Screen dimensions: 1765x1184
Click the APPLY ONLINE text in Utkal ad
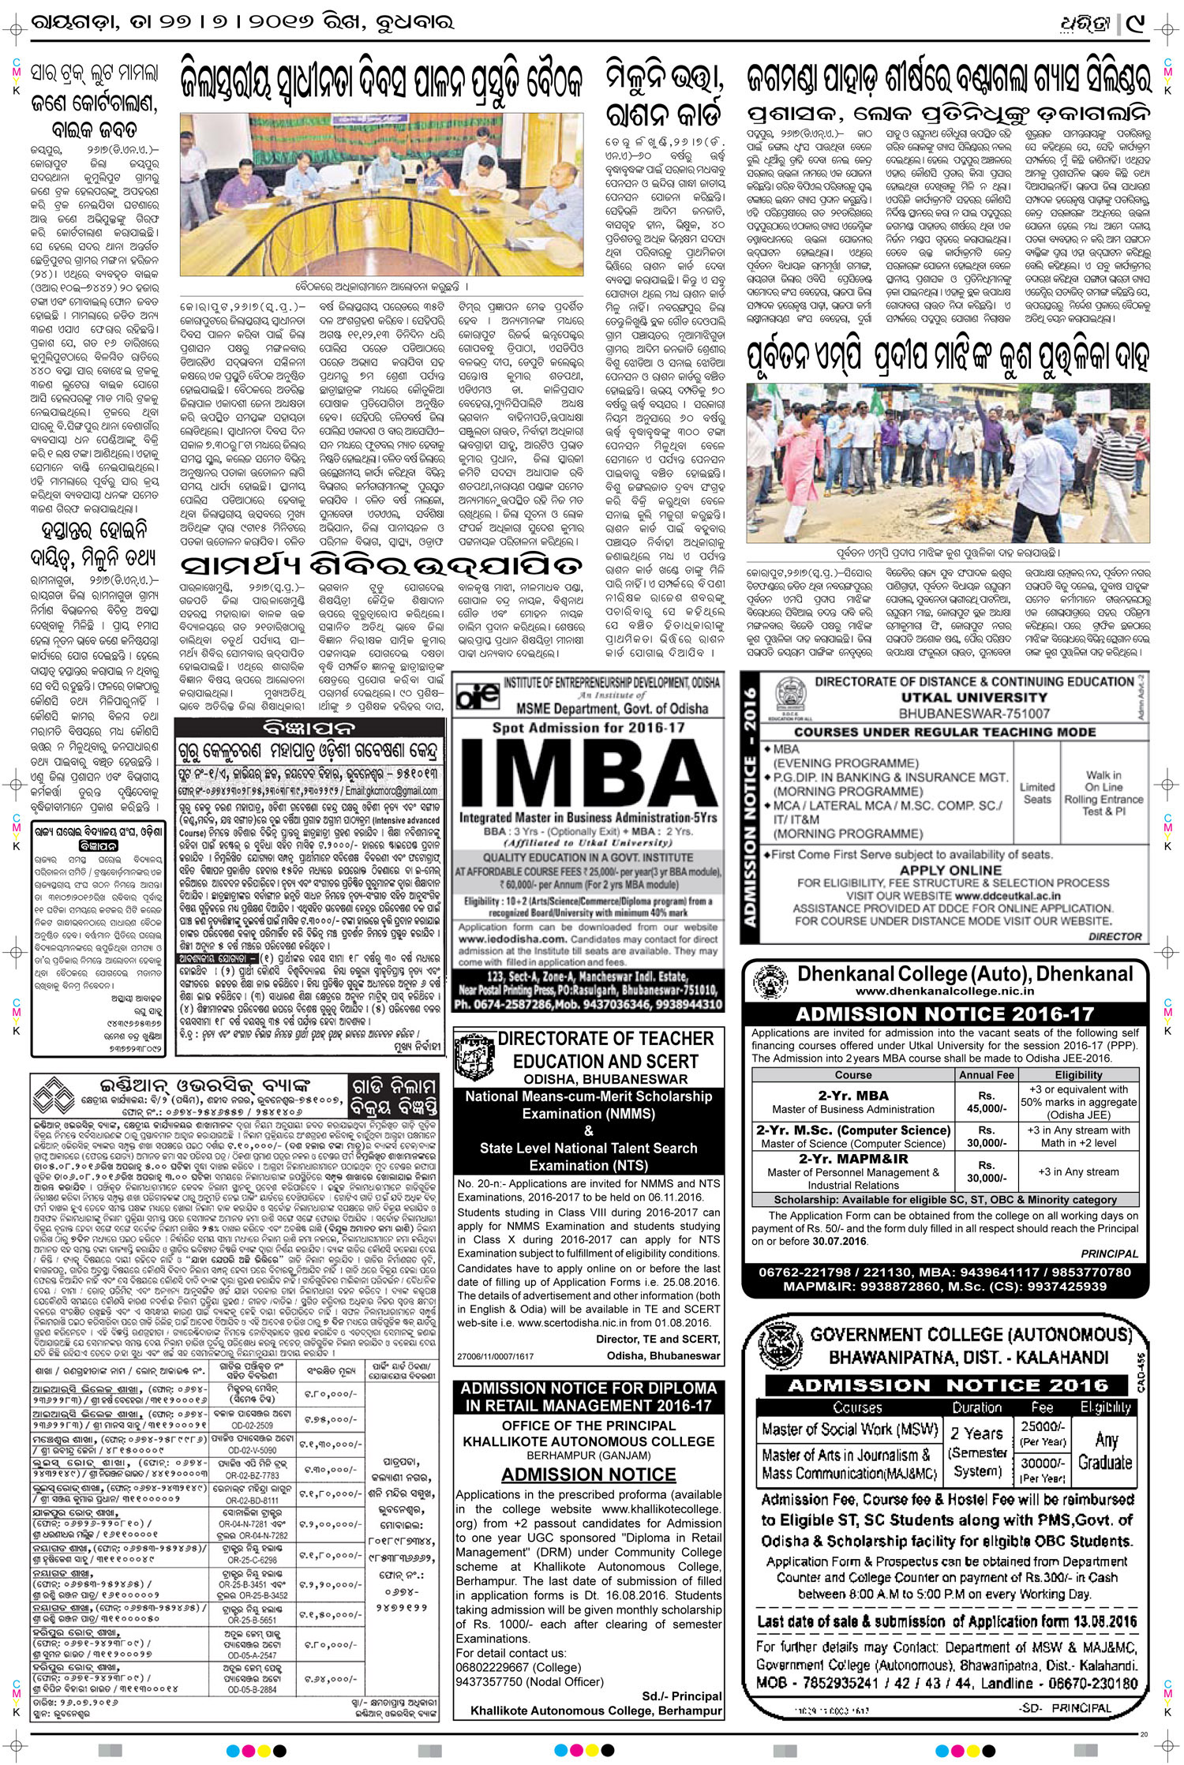(950, 870)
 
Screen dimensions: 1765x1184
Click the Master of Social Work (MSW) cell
(849, 1429)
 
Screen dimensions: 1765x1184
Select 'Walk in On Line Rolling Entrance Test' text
(1103, 793)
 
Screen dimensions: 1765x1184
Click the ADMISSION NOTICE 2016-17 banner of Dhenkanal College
(945, 1014)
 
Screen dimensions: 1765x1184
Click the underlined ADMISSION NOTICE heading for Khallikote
(588, 1475)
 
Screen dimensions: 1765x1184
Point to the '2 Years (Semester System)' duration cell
(976, 1451)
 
